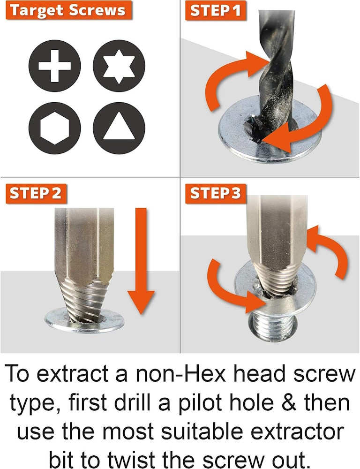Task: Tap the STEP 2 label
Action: tap(36, 194)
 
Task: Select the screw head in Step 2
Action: tap(85, 322)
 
